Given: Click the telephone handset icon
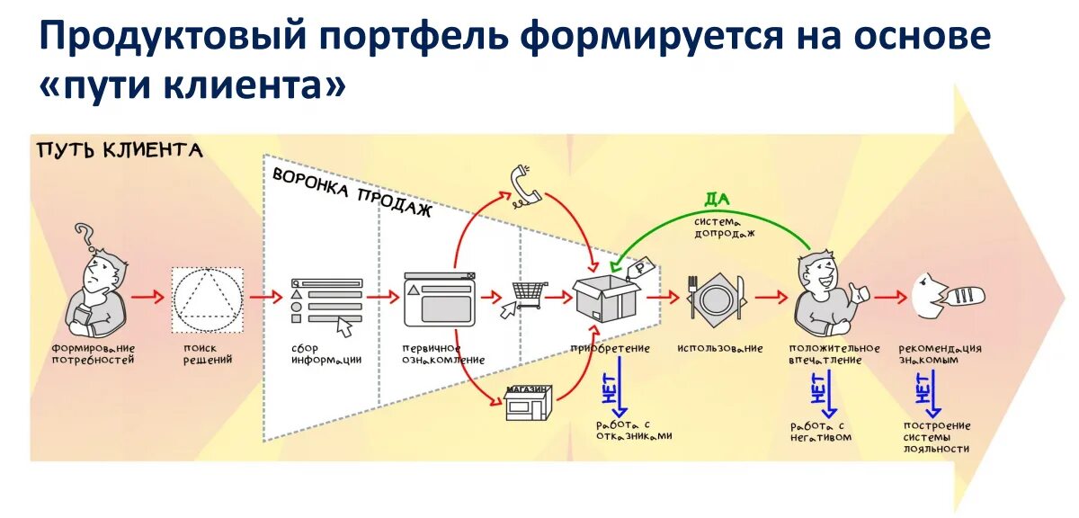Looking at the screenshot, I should tap(523, 186).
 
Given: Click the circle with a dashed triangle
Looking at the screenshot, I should tap(208, 298).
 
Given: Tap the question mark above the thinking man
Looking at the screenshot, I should tap(85, 237).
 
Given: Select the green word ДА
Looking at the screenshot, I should tap(716, 200).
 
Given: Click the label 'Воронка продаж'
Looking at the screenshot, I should tap(352, 192).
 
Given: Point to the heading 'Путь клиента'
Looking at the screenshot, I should tap(120, 150).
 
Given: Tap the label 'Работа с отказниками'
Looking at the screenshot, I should tap(633, 430).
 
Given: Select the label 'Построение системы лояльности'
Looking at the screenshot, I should tap(938, 436).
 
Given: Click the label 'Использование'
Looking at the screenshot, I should tap(720, 348).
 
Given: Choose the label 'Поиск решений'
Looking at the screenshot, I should tap(208, 353).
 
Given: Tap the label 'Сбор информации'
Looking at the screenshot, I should tap(325, 353).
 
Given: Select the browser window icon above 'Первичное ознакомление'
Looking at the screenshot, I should tap(438, 299).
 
